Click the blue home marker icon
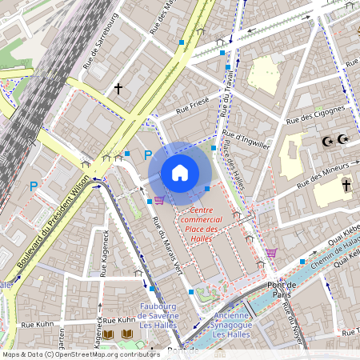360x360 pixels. pyautogui.click(x=180, y=173)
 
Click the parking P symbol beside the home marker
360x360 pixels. pyautogui.click(x=147, y=155)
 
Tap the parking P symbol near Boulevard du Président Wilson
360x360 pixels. pyautogui.click(x=34, y=186)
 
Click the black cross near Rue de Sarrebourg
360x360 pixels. pyautogui.click(x=118, y=87)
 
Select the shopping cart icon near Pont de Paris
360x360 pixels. pyautogui.click(x=271, y=253)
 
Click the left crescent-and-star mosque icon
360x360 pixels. pyautogui.click(x=326, y=141)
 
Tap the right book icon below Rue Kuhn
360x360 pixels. pyautogui.click(x=126, y=334)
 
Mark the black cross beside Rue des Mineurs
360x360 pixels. pyautogui.click(x=346, y=185)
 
